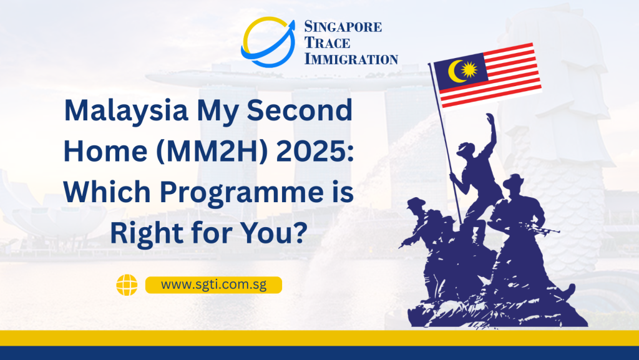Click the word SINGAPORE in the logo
tap(343, 27)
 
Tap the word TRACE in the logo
tap(327, 43)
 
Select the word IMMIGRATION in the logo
tap(351, 59)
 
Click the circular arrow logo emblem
tap(268, 42)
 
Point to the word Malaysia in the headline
tap(126, 111)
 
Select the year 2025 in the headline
tap(315, 151)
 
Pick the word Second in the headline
tap(300, 110)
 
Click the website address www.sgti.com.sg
tap(213, 285)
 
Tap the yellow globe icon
tap(127, 285)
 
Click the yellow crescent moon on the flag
tap(456, 71)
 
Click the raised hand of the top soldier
tap(490, 119)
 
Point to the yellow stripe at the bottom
tap(319, 338)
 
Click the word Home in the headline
tap(105, 151)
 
